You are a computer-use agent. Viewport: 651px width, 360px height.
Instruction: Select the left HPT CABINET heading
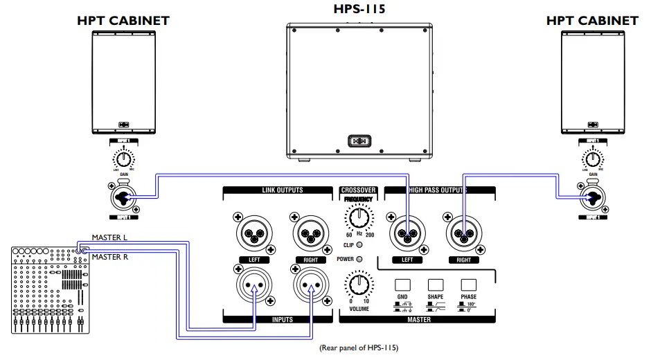(x=123, y=21)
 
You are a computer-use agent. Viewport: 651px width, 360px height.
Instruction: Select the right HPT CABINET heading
(x=592, y=21)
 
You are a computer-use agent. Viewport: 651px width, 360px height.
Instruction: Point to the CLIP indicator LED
(x=359, y=246)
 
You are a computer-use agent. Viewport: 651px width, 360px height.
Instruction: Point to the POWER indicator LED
(x=359, y=259)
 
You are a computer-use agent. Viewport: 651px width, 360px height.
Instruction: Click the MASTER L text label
(x=109, y=238)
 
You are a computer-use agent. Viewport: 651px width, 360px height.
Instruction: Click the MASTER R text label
(x=109, y=258)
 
